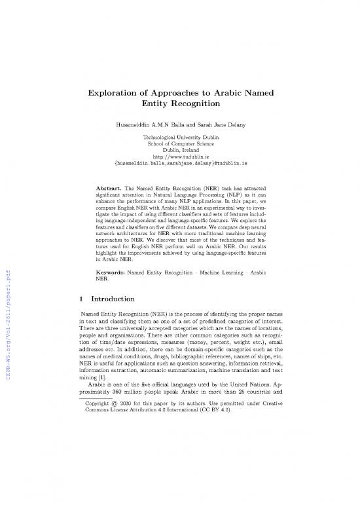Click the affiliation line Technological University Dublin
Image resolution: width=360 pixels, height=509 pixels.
180,140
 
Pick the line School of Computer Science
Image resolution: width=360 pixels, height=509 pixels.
180,147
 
